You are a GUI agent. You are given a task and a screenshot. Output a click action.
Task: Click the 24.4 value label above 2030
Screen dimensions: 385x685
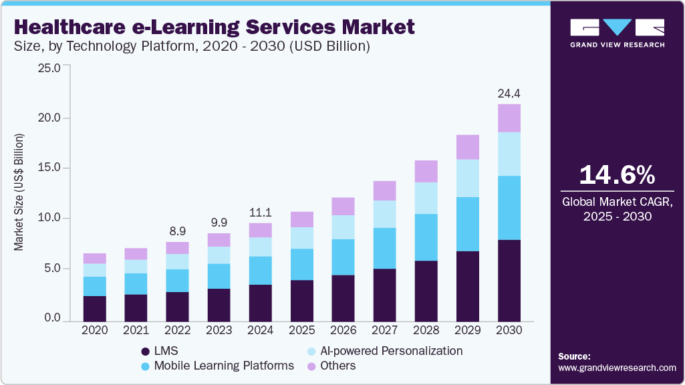pyautogui.click(x=509, y=94)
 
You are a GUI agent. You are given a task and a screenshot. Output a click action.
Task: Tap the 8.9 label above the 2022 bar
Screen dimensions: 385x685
pyautogui.click(x=178, y=231)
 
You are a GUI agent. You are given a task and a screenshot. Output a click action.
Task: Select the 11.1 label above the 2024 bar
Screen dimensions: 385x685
pyautogui.click(x=261, y=212)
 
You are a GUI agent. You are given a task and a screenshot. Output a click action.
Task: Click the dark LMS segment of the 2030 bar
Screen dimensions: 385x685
pyautogui.click(x=509, y=280)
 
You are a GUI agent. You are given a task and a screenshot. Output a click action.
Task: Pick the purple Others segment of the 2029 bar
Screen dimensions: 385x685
pyautogui.click(x=468, y=147)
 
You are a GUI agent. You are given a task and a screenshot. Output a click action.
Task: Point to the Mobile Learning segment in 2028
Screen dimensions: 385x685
pyautogui.click(x=426, y=237)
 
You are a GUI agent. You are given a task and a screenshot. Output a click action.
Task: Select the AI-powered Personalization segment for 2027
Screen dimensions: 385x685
pyautogui.click(x=385, y=214)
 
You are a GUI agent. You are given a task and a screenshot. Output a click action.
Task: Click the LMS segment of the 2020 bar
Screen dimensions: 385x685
pyautogui.click(x=95, y=308)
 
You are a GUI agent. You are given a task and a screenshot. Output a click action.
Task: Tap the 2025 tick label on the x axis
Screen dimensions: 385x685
pyautogui.click(x=302, y=330)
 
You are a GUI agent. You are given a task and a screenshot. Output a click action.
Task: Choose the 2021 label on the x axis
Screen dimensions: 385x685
pyautogui.click(x=136, y=330)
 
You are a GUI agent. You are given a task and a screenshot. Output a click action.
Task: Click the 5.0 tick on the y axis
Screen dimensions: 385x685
pyautogui.click(x=51, y=269)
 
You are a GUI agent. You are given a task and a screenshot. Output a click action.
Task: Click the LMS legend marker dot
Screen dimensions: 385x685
pyautogui.click(x=145, y=351)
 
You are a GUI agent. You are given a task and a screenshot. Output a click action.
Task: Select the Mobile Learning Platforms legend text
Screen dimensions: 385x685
pyautogui.click(x=224, y=366)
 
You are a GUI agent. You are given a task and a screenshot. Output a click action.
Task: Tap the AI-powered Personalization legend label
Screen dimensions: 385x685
pyautogui.click(x=391, y=350)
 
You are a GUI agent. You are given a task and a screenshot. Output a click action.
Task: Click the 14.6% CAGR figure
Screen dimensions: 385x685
pyautogui.click(x=617, y=175)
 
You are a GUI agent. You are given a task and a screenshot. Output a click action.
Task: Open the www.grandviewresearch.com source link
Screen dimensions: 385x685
pyautogui.click(x=617, y=368)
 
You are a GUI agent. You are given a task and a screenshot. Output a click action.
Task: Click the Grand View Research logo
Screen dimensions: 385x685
pyautogui.click(x=617, y=33)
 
